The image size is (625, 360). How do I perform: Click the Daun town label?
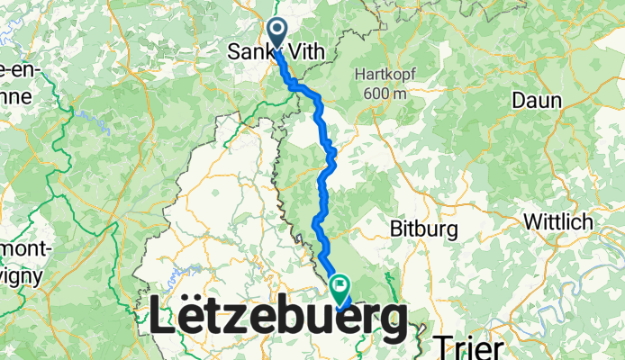[x=536, y=101]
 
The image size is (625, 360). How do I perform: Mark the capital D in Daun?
[x=518, y=101]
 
